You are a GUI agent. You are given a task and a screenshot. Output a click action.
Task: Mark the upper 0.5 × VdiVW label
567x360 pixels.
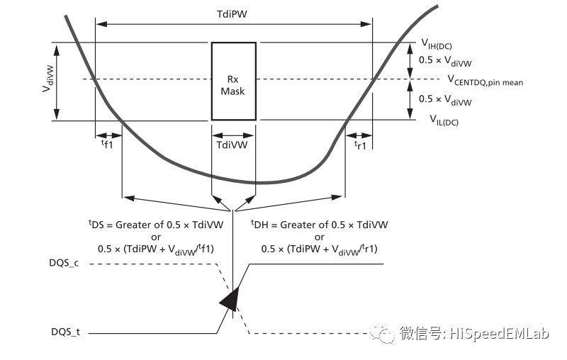[x=445, y=61]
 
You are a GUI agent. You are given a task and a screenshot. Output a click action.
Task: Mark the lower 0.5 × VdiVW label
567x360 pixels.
[x=445, y=101]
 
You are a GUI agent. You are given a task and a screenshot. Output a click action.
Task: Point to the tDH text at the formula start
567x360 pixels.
[x=261, y=224]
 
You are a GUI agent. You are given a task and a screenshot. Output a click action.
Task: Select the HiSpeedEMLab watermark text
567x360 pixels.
[x=499, y=333]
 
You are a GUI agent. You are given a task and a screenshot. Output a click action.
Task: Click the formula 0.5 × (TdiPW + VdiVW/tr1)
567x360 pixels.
[x=320, y=249]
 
